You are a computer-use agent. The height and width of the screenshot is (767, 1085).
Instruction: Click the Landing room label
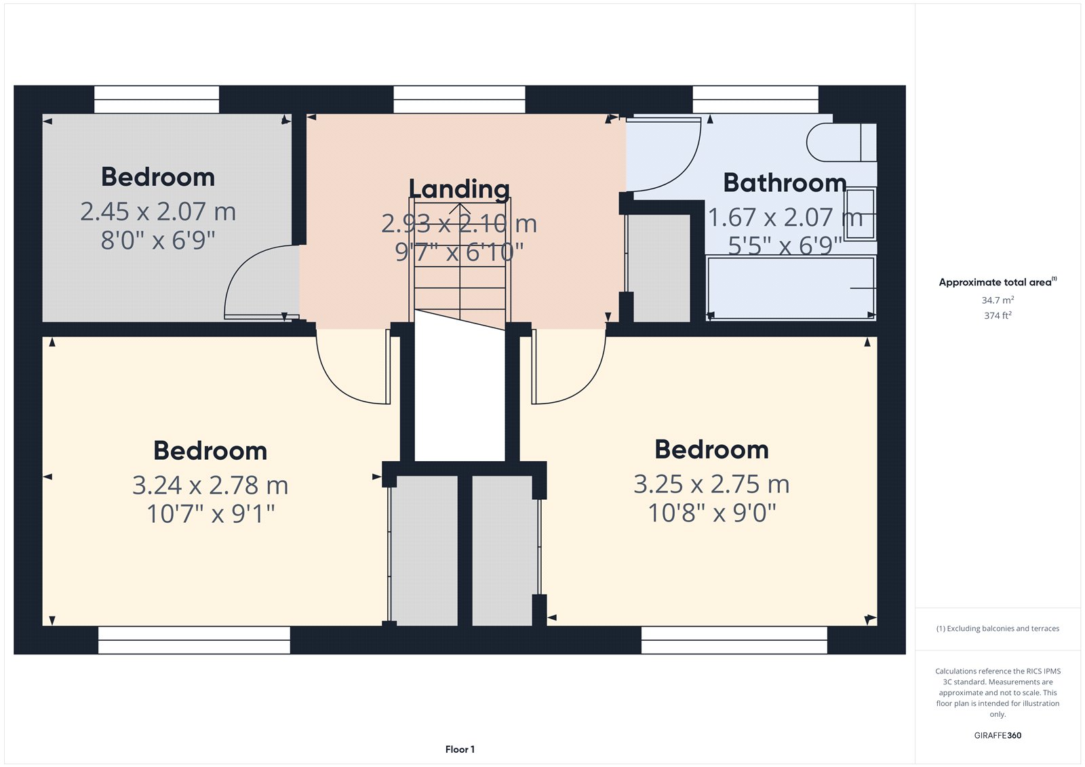pos(458,189)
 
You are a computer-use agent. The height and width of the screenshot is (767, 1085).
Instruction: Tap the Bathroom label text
pos(785,183)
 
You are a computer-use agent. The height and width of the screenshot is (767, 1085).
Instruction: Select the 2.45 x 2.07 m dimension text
pos(158,212)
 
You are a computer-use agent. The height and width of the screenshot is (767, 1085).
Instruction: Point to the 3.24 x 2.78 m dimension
pos(210,485)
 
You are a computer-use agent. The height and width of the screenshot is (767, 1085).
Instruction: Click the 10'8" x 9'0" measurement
pos(711,513)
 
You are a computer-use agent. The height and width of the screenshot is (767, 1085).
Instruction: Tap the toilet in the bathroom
pos(842,142)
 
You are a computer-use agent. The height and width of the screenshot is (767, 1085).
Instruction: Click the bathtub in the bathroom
pos(791,288)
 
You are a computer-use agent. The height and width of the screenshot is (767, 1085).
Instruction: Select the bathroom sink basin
pos(861,214)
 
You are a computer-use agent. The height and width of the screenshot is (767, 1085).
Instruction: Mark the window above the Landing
pos(459,100)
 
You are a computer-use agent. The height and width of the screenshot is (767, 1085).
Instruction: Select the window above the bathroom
pos(755,100)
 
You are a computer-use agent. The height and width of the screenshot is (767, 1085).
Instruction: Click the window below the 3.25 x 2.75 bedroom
pos(734,640)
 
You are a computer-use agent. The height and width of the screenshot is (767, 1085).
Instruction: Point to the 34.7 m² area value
pos(998,300)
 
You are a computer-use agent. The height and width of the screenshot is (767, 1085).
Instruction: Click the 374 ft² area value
pos(998,315)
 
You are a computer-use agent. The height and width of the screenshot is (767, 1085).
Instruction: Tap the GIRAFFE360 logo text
pos(998,735)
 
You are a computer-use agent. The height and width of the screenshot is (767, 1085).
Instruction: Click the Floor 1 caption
pos(460,749)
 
